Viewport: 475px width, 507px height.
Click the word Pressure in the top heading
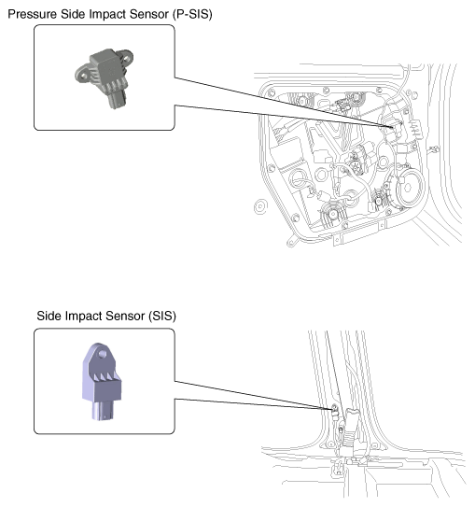pyautogui.click(x=32, y=14)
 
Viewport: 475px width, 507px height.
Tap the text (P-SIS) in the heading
pyautogui.click(x=192, y=14)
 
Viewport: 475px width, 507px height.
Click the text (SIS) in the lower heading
pyautogui.click(x=162, y=316)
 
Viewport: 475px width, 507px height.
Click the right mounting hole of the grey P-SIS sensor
pyautogui.click(x=126, y=59)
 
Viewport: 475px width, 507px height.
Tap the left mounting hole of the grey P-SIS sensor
pyautogui.click(x=83, y=77)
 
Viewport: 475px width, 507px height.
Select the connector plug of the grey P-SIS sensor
pyautogui.click(x=117, y=99)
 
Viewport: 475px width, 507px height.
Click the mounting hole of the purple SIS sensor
pyautogui.click(x=103, y=354)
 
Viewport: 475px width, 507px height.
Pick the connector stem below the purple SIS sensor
pyautogui.click(x=103, y=411)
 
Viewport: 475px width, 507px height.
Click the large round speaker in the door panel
pyautogui.click(x=408, y=187)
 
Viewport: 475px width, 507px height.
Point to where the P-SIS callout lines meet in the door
pyautogui.click(x=393, y=127)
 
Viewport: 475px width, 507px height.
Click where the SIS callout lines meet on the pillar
pyautogui.click(x=332, y=409)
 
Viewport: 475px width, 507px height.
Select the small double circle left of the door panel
pyautogui.click(x=260, y=206)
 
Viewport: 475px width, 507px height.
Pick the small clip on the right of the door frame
pyautogui.click(x=433, y=150)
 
